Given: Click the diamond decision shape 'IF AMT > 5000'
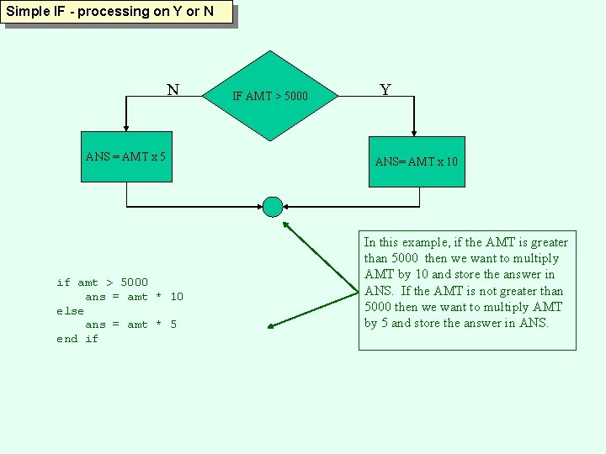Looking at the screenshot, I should [x=270, y=96].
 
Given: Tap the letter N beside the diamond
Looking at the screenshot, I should [x=173, y=90].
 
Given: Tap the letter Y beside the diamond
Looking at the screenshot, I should [x=385, y=90].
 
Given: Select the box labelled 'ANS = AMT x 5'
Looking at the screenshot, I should [x=126, y=157].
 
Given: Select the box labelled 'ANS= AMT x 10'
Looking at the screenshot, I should [x=417, y=161].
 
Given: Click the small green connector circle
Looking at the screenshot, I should [x=273, y=206].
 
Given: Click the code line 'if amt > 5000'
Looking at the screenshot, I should [x=102, y=282].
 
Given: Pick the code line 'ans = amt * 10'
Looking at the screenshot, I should [x=134, y=297].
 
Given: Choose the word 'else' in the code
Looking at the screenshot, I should [x=70, y=311].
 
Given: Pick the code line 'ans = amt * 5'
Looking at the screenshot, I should [x=130, y=325].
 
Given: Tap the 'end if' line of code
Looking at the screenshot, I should [x=77, y=339].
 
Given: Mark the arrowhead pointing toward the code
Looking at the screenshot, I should [x=270, y=326].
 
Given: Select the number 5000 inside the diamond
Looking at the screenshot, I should [x=295, y=97].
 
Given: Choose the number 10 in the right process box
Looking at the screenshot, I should [x=451, y=161].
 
